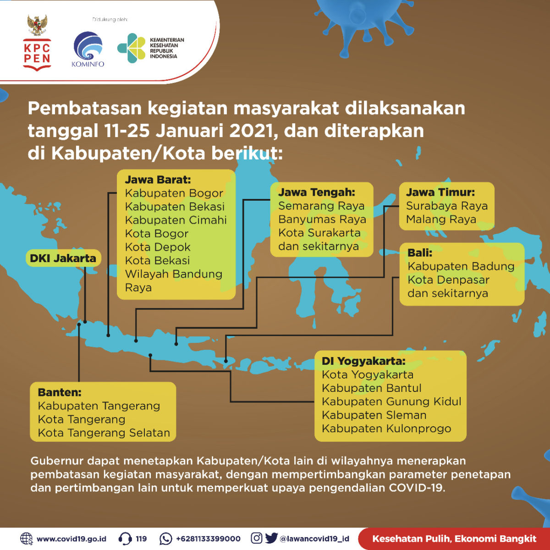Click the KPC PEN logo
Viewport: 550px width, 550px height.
point(37,43)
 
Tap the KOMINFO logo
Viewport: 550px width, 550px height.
point(88,49)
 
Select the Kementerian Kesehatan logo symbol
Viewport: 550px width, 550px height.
point(132,48)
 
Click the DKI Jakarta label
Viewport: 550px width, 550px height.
point(63,258)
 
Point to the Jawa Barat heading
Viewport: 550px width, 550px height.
point(158,180)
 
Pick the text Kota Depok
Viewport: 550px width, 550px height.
point(158,247)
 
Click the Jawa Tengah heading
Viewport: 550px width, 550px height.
point(317,192)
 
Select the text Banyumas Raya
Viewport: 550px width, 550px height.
point(322,219)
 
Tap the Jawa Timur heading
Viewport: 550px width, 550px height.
point(440,192)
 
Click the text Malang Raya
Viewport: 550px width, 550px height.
point(441,219)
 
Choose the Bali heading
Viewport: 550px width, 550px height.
point(420,253)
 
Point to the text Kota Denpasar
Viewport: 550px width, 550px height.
point(448,280)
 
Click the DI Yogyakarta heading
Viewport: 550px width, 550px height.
point(363,361)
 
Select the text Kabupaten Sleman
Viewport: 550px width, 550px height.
point(374,415)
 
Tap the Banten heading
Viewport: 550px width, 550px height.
point(60,392)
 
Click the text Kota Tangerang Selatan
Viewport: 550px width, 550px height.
point(104,433)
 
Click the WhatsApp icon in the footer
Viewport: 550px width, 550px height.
point(166,539)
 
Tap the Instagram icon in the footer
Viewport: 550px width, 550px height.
point(256,538)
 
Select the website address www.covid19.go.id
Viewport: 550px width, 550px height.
point(71,539)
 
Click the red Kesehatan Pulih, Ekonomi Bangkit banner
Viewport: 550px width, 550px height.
point(454,539)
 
